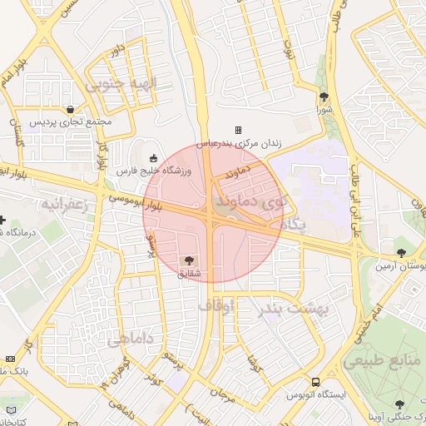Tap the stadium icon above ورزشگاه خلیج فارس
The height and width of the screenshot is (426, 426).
[152, 158]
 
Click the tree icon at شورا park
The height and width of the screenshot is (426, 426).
[324, 97]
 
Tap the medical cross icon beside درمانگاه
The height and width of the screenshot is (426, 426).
[3, 221]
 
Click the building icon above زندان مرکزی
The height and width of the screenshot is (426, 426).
[239, 130]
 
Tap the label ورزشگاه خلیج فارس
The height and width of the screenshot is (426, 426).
[153, 171]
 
